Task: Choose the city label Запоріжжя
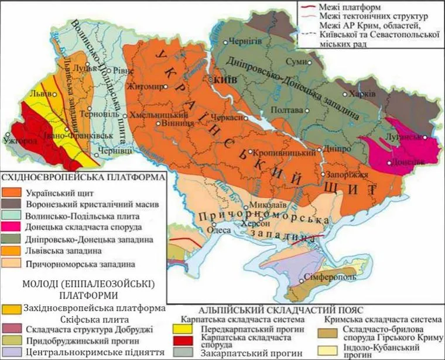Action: coord(347,174)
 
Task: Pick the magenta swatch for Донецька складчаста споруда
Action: coord(12,228)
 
